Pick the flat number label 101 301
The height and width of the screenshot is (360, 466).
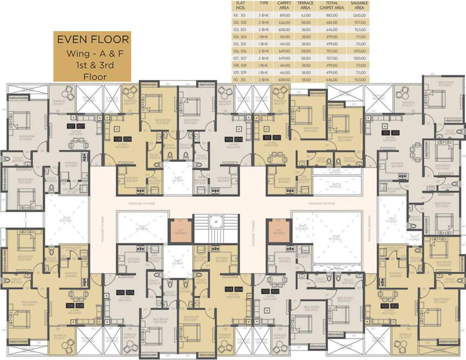pos(391,133)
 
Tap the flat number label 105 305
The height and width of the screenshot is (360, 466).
pos(125,292)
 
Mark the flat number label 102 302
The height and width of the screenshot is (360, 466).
pos(391,306)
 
